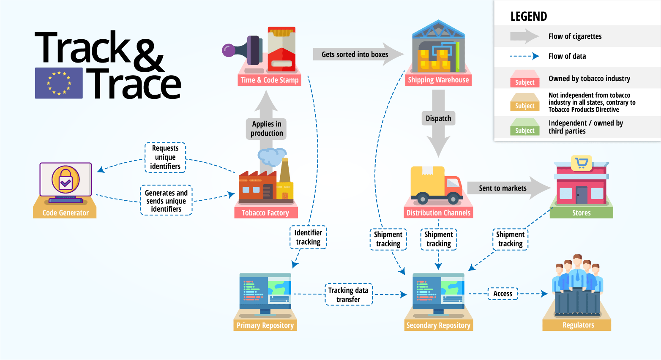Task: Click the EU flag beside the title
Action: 59,83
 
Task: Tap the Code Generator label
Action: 65,213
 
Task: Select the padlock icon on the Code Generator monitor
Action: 66,180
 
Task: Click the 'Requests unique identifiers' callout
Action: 165,157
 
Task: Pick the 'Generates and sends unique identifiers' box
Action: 166,201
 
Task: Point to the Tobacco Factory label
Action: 265,213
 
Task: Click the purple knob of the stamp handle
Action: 228,50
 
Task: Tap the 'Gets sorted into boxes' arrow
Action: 358,54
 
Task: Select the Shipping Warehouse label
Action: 438,80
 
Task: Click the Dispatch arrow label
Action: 438,118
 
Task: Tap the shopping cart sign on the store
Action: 581,163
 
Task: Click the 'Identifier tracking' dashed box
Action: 308,237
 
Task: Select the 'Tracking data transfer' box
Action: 348,295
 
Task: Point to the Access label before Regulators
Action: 503,294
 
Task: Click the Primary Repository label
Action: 265,325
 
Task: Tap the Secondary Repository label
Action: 438,325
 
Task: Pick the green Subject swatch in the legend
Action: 524,127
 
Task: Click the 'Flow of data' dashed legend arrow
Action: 524,56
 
